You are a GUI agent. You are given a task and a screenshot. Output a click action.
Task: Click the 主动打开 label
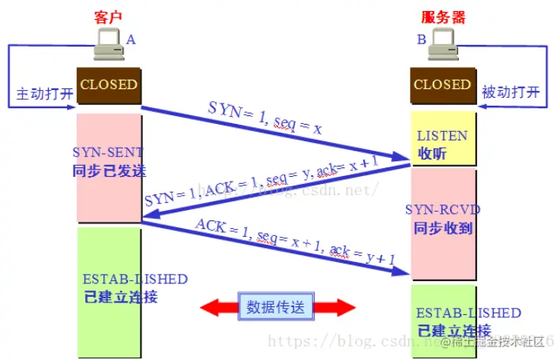(x=45, y=93)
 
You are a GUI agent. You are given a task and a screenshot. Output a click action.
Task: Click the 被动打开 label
(x=512, y=93)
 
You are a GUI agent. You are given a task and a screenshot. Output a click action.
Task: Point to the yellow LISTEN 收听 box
(x=442, y=144)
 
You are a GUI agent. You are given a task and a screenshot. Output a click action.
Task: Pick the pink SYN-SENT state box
(x=109, y=167)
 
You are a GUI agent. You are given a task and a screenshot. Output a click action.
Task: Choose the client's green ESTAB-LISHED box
(x=109, y=288)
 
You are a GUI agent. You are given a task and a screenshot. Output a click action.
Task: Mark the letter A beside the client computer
(x=130, y=39)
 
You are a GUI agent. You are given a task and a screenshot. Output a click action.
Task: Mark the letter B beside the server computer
(x=422, y=39)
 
